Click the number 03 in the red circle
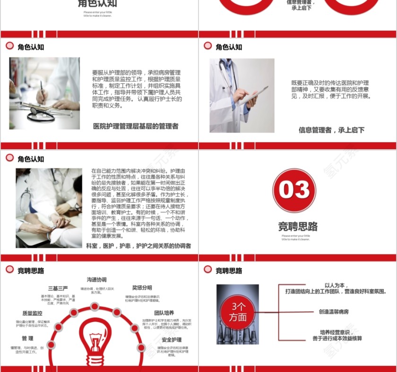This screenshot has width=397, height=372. [x=294, y=190]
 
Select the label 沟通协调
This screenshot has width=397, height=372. [x=96, y=279]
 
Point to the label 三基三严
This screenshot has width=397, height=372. [x=58, y=288]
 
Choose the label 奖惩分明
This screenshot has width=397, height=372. [x=142, y=287]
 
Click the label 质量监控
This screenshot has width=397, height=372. [x=32, y=313]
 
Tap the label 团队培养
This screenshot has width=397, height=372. [x=164, y=313]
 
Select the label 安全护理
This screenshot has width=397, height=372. [x=171, y=339]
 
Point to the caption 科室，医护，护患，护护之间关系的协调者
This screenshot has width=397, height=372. [x=138, y=246]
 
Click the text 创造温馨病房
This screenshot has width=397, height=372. [x=334, y=312]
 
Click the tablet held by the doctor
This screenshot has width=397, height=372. [x=252, y=96]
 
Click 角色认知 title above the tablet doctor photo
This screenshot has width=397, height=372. [x=229, y=47]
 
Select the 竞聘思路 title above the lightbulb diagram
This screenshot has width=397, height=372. [x=31, y=271]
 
